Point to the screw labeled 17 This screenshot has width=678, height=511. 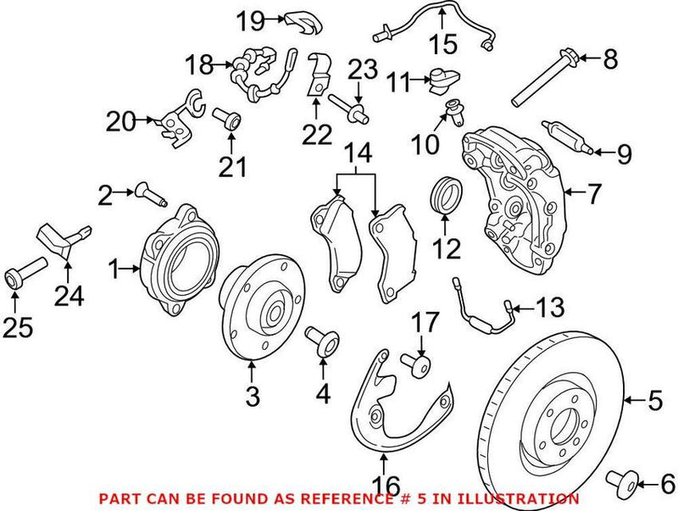pyautogui.click(x=418, y=366)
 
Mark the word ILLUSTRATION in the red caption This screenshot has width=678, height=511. pyautogui.click(x=525, y=499)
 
